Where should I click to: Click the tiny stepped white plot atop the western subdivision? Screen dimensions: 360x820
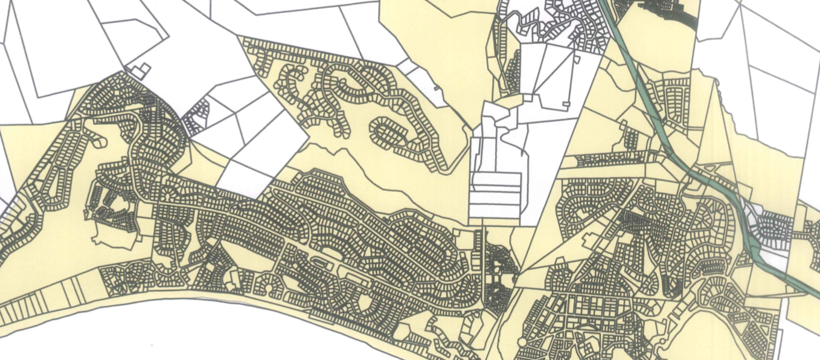tap(140, 71)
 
